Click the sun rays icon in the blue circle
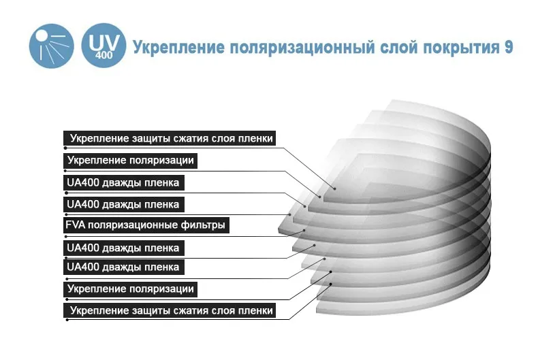click(50, 46)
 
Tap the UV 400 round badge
click(103, 46)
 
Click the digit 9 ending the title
click(509, 48)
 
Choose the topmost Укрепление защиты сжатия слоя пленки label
click(170, 138)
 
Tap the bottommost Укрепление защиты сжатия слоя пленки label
click(170, 311)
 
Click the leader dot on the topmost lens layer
click(335, 188)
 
